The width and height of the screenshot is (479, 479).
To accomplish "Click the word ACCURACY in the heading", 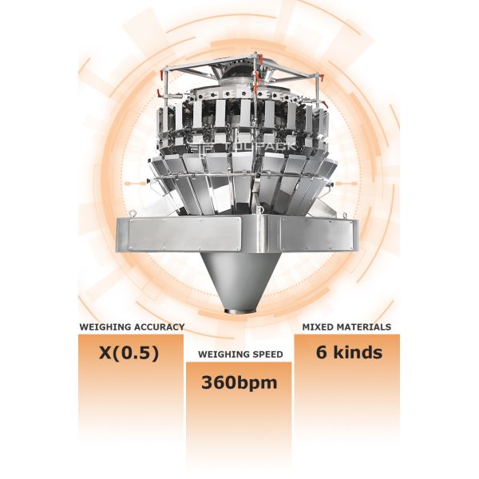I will tap(156, 327).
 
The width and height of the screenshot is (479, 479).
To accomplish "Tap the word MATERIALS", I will tap(363, 327).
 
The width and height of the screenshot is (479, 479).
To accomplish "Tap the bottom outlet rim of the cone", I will tap(240, 311).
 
